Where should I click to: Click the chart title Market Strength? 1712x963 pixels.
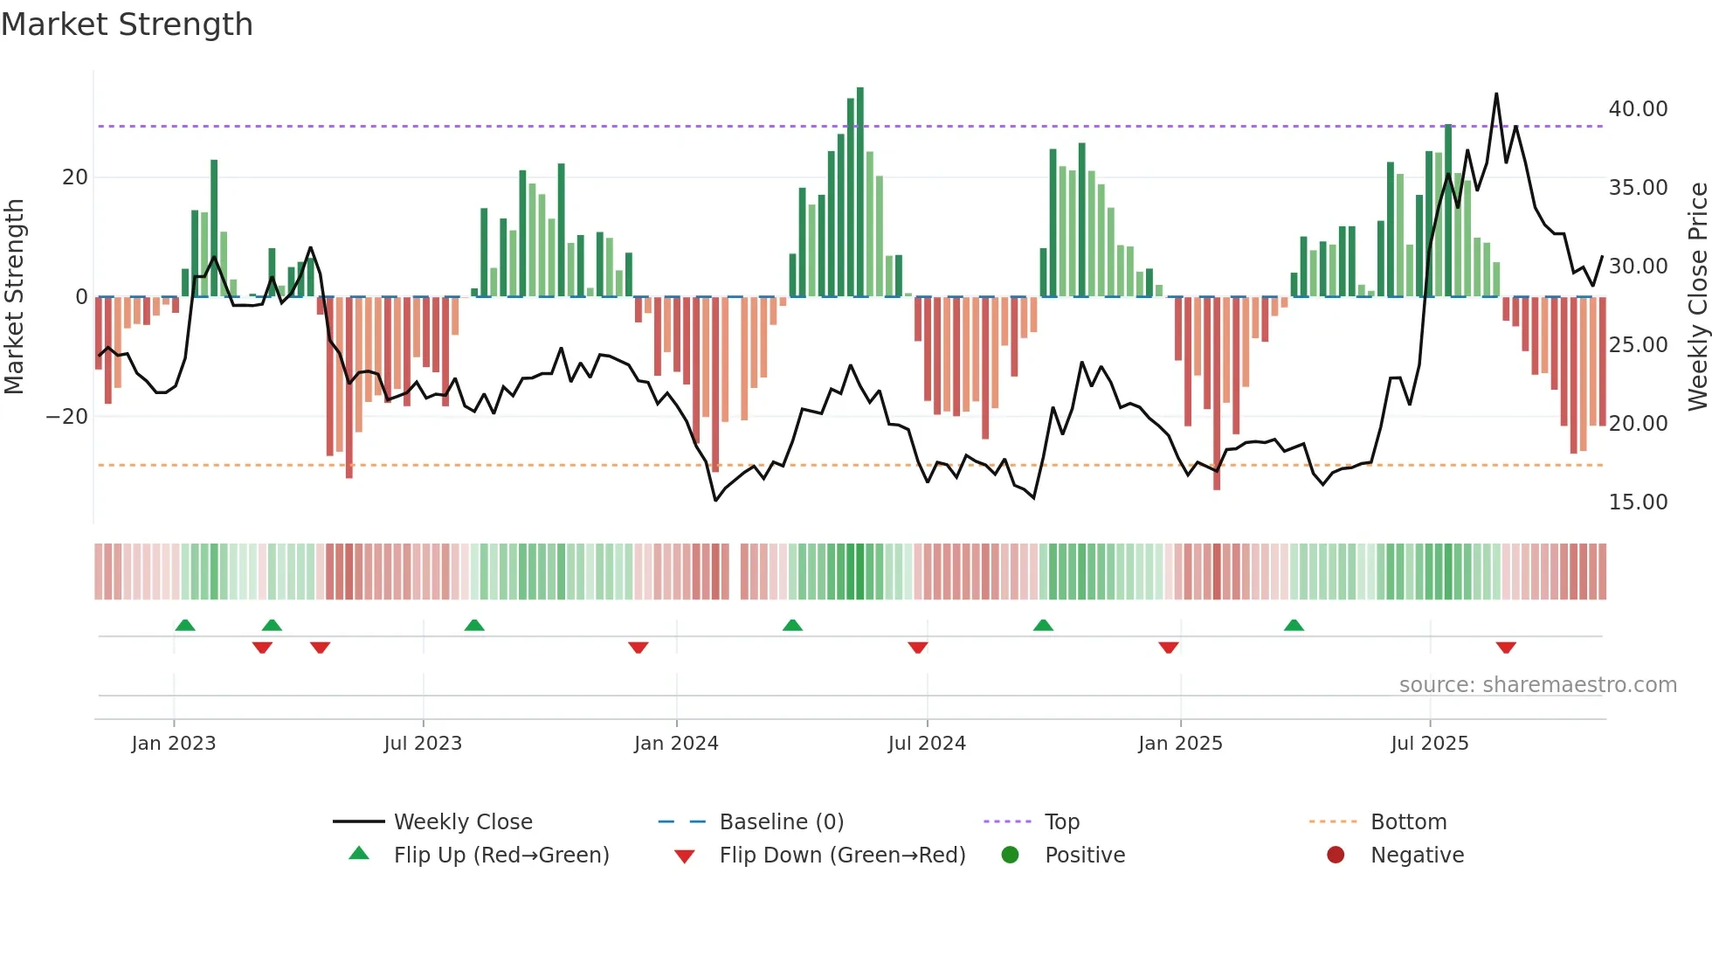127,24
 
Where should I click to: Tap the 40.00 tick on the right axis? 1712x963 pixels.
1638,109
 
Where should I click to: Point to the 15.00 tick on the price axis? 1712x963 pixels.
1638,502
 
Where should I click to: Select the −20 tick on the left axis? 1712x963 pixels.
67,417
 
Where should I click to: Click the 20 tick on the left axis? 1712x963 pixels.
75,177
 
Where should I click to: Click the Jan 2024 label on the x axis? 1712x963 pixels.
676,744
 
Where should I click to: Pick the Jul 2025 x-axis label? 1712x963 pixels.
1429,744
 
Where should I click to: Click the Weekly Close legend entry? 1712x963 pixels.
462,822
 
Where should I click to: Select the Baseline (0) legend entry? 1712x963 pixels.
781,822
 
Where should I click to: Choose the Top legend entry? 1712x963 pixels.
1061,822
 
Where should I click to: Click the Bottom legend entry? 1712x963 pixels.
1408,822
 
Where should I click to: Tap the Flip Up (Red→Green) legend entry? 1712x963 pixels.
500,856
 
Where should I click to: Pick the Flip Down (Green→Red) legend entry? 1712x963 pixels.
842,856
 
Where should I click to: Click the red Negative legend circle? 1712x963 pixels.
1336,856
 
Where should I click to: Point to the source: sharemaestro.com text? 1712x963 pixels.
1537,685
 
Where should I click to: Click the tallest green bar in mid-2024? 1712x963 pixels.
860,192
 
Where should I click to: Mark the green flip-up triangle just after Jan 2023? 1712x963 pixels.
185,626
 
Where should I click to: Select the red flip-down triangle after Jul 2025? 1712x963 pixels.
1505,648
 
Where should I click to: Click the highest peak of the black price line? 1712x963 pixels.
1496,94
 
